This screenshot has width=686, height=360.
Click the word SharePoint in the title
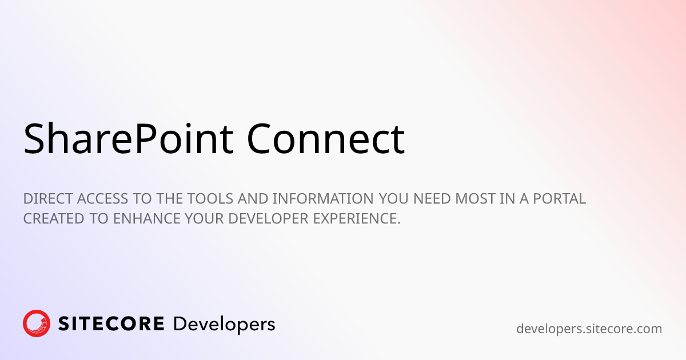[x=129, y=139]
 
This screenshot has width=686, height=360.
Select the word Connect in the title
[x=326, y=139]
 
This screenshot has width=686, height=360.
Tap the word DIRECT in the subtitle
[x=48, y=199]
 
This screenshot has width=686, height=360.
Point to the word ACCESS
[x=102, y=199]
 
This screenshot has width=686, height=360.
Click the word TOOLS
[x=210, y=199]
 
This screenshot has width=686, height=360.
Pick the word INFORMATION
[x=323, y=199]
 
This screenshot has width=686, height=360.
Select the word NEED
[x=432, y=199]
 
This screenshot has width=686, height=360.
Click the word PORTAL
[x=560, y=199]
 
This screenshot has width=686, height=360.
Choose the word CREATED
[x=54, y=218]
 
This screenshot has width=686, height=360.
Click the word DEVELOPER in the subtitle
[x=268, y=218]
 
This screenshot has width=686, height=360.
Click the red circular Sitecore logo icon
[x=37, y=323]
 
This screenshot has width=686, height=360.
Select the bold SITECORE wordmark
[x=111, y=323]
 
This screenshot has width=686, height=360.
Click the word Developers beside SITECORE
[x=224, y=325]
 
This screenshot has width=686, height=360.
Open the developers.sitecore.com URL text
[x=589, y=329]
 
